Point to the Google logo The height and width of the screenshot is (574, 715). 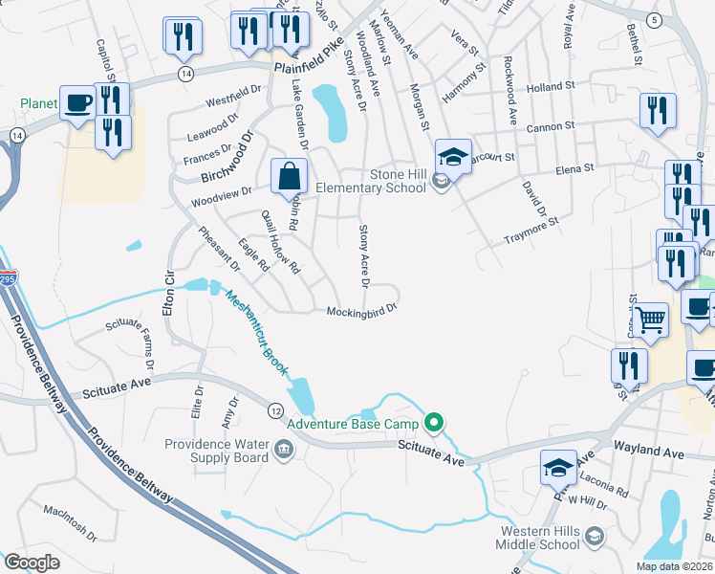click(x=32, y=563)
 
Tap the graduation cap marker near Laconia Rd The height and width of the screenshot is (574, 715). click(x=558, y=468)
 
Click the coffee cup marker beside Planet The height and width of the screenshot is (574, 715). click(x=76, y=102)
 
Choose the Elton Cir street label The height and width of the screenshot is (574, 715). click(x=169, y=292)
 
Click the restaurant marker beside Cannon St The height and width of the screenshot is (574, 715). click(x=659, y=111)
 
